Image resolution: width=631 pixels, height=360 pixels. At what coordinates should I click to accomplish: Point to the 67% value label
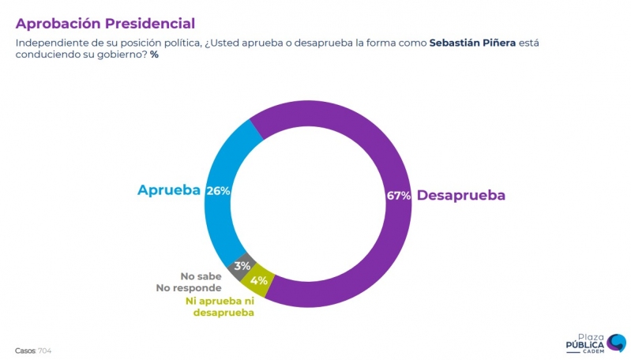[x=399, y=196]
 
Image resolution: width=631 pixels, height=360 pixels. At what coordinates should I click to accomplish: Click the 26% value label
[x=217, y=191]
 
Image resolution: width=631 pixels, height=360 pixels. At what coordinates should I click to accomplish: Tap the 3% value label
[x=242, y=266]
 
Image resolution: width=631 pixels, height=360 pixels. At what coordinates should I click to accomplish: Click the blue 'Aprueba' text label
[x=169, y=190]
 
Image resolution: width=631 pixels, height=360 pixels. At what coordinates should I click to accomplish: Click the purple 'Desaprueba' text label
[x=461, y=196]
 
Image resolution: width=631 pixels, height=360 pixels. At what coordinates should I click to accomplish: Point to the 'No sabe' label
[x=201, y=276]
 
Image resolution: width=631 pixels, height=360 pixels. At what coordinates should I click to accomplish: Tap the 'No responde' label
[x=190, y=288]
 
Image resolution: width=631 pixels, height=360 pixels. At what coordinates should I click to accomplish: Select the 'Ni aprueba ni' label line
[x=220, y=301]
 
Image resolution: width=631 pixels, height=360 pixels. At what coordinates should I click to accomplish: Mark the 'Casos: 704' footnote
[x=33, y=350]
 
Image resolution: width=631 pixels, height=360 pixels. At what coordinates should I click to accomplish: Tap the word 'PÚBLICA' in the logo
[x=581, y=345]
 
